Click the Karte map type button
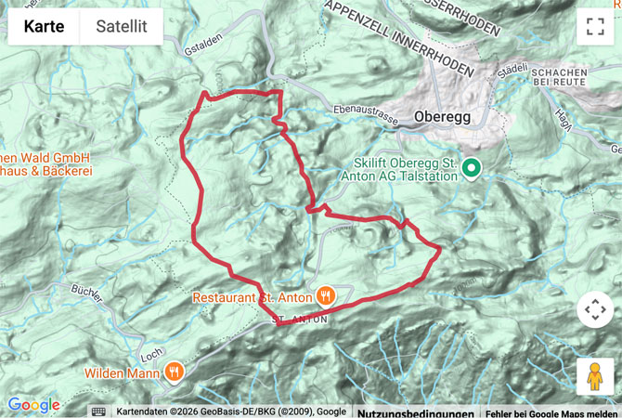[44, 27]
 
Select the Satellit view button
[121, 27]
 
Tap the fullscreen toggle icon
[595, 27]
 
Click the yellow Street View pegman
[595, 376]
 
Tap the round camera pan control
[595, 309]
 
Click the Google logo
[33, 405]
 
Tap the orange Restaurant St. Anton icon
[325, 296]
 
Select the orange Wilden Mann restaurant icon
[175, 372]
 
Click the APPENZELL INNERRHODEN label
[400, 38]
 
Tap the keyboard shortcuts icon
[98, 411]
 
